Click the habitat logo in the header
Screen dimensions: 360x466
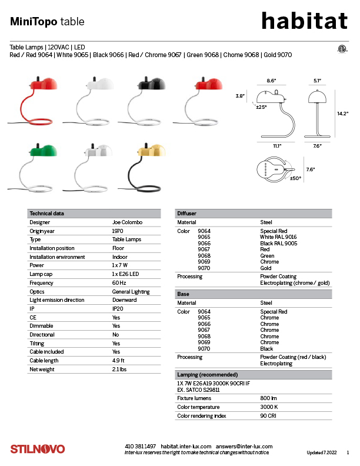click(x=305, y=21)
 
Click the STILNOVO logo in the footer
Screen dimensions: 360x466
click(x=38, y=449)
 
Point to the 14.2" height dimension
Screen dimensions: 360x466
click(x=342, y=114)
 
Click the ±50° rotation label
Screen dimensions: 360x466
click(x=295, y=178)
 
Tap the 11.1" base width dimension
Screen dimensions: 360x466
click(x=277, y=146)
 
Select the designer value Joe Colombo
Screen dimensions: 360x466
click(x=127, y=222)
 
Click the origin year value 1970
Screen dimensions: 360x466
click(x=118, y=231)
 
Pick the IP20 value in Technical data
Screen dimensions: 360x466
click(x=118, y=309)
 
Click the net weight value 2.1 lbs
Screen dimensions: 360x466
click(x=119, y=370)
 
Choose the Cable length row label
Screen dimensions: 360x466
click(x=44, y=361)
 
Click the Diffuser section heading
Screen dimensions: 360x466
click(x=187, y=214)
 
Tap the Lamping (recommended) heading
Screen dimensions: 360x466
click(x=207, y=375)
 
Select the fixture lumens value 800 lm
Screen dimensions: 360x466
click(x=268, y=398)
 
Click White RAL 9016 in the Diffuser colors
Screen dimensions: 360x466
click(x=278, y=237)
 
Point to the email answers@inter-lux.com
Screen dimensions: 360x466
click(x=244, y=447)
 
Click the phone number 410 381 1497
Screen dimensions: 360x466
click(x=140, y=447)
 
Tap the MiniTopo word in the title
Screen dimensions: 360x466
click(x=34, y=21)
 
